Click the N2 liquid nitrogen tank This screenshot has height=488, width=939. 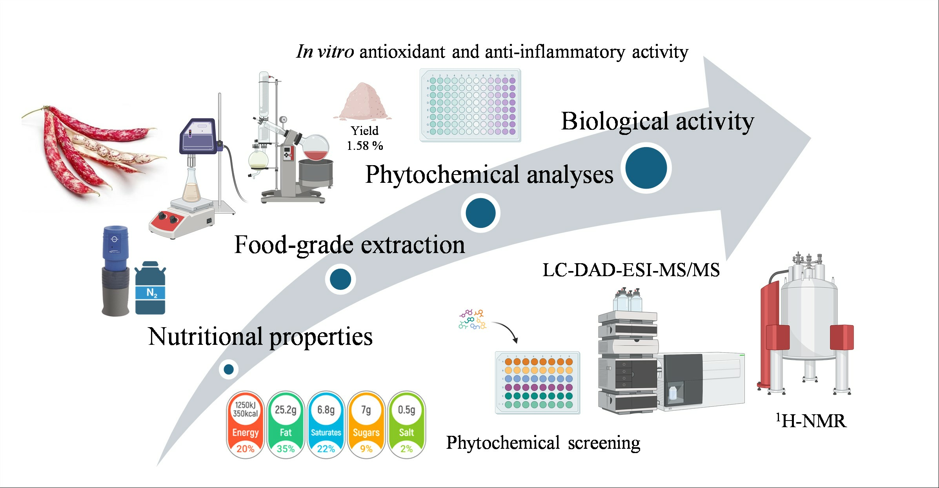(150, 289)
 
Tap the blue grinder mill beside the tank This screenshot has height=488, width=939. (115, 270)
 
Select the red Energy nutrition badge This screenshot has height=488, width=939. (245, 424)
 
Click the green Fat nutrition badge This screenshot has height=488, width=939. (286, 424)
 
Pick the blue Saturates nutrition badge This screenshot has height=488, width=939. (326, 424)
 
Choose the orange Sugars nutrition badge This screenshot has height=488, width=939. (366, 424)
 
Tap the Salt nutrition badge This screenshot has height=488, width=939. (406, 424)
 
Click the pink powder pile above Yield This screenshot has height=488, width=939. (363, 101)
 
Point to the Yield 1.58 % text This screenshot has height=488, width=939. (365, 138)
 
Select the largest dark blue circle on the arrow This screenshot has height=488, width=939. (646, 168)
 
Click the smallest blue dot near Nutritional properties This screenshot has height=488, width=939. (229, 369)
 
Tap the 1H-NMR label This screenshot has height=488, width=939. (811, 421)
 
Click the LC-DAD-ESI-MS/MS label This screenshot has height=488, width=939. (631, 270)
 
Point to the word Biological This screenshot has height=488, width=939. (614, 121)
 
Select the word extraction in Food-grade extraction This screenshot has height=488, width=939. (413, 245)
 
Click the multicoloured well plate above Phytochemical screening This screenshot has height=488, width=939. (537, 382)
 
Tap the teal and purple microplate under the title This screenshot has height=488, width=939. (470, 105)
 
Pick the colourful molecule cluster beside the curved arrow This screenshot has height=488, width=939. (472, 319)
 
